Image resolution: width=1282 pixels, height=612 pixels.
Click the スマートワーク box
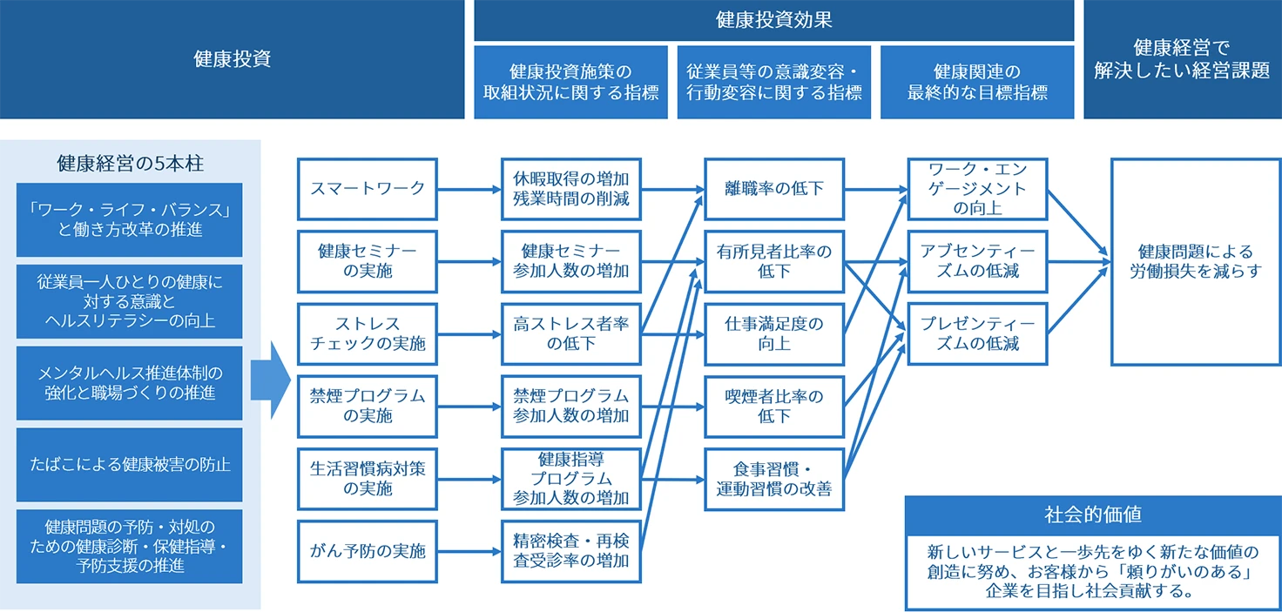(x=367, y=188)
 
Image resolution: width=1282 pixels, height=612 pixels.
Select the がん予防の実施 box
(x=367, y=551)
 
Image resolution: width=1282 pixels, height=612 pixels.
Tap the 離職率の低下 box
(x=773, y=188)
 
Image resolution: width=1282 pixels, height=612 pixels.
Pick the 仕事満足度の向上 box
(x=773, y=333)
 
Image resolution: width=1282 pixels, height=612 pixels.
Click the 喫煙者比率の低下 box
(x=773, y=407)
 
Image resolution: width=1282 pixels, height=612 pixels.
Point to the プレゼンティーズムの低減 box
(x=977, y=333)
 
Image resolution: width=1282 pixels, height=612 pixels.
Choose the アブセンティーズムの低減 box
(x=977, y=261)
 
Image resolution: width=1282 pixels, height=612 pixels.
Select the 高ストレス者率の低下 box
(x=570, y=333)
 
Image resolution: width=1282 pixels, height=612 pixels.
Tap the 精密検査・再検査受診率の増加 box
(x=570, y=551)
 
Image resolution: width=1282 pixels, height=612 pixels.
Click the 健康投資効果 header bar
(x=773, y=20)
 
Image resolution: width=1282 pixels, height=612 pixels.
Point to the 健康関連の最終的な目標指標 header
(x=977, y=83)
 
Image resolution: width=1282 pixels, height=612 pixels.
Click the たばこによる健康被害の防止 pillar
(x=129, y=464)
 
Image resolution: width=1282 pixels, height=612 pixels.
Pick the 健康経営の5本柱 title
(x=129, y=164)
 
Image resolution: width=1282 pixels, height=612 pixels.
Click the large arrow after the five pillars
(x=270, y=380)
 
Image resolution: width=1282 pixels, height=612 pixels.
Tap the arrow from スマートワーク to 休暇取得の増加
(x=469, y=188)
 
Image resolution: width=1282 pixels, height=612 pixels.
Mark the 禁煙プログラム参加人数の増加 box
(x=570, y=407)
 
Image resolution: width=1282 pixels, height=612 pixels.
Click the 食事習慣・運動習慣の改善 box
(x=773, y=479)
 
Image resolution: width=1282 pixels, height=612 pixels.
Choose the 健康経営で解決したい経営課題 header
(x=1182, y=59)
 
